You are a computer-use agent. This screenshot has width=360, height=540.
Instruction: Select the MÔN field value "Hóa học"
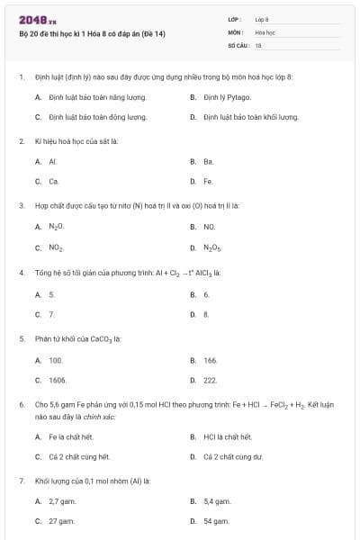coord(265,31)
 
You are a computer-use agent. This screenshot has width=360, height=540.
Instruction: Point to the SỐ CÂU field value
coord(258,44)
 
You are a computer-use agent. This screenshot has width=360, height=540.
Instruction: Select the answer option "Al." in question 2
coord(53,161)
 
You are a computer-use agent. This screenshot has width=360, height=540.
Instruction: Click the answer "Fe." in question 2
coord(208,181)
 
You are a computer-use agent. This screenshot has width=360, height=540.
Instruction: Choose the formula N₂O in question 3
coord(56,227)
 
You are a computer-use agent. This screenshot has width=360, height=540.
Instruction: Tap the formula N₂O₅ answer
coord(212,247)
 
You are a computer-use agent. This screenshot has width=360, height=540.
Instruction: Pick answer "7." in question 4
coord(52,314)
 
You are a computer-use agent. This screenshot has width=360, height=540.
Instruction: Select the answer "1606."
coord(58,380)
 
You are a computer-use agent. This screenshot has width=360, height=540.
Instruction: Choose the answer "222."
coord(211,380)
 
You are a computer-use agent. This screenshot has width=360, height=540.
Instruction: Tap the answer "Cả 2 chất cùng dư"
coord(232,456)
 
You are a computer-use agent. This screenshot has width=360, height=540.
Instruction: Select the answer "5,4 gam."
coord(217,501)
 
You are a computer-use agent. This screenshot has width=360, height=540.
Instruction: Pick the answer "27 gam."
coord(59,521)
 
